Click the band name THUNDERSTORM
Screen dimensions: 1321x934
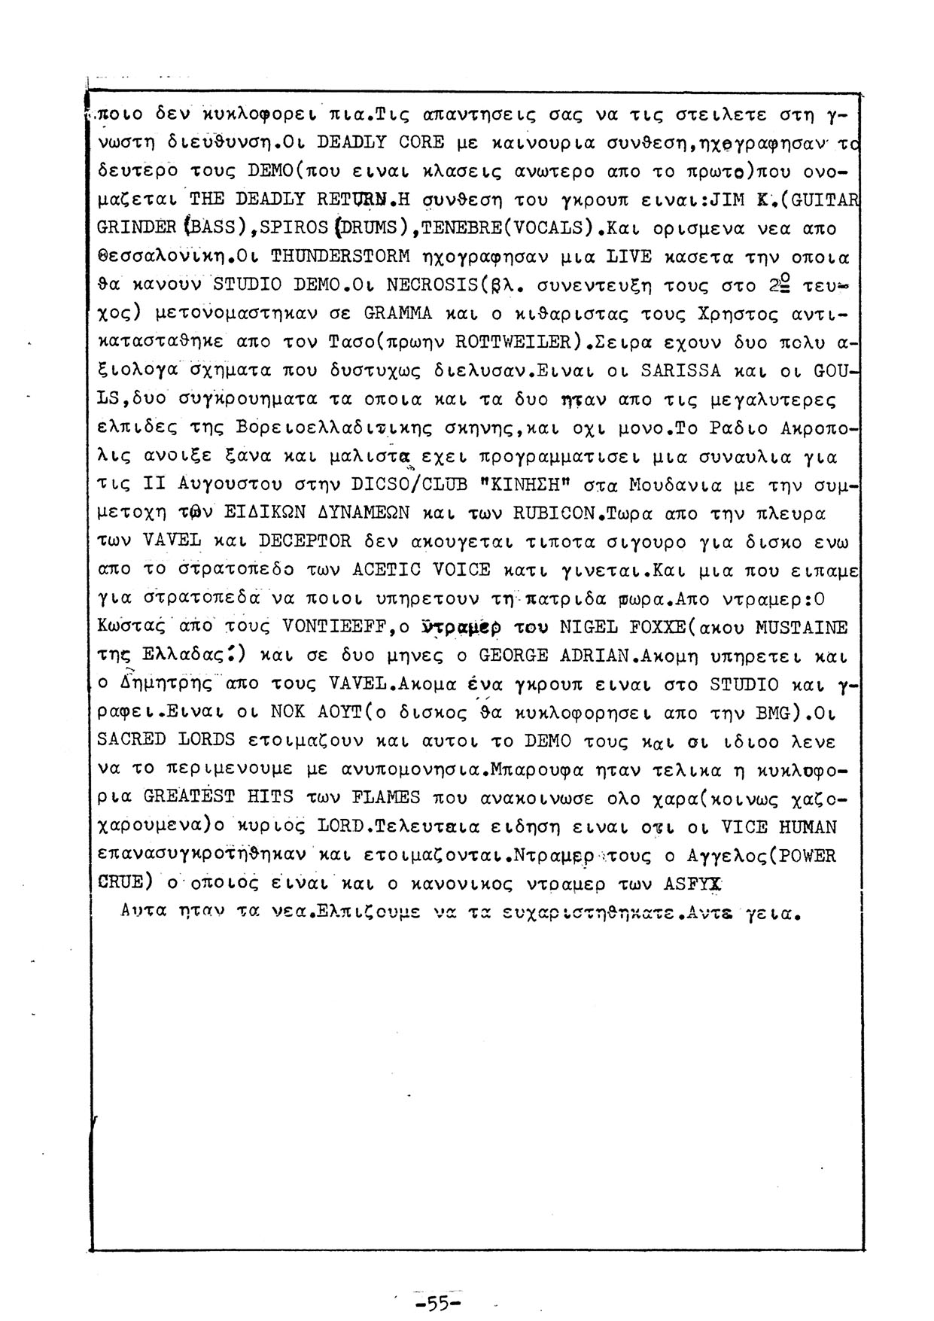[340, 257]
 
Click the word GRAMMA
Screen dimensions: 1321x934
[397, 314]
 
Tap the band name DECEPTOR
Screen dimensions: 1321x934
[305, 542]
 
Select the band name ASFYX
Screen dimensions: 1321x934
[693, 884]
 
